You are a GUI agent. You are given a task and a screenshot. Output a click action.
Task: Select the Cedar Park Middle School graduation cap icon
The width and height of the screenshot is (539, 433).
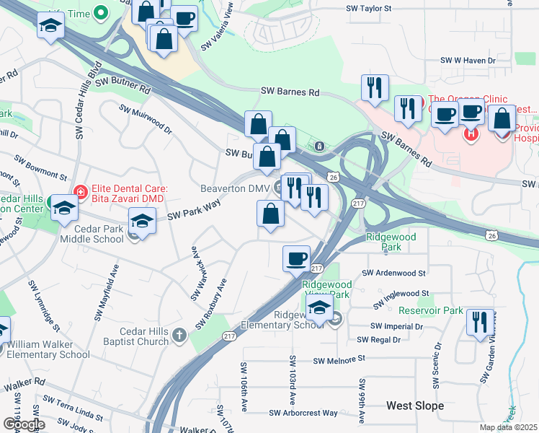[x=142, y=221]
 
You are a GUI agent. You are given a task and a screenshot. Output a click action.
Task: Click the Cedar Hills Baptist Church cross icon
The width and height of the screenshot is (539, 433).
[x=179, y=336]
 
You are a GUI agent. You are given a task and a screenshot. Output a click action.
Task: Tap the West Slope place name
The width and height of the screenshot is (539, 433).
[x=415, y=406]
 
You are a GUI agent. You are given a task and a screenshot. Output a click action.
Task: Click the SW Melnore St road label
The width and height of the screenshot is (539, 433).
[x=339, y=359]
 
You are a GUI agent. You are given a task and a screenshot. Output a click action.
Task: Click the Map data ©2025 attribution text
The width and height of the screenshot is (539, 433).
[x=508, y=427]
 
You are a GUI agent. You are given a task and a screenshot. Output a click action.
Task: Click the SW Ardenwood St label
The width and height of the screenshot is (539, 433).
[x=394, y=273]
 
